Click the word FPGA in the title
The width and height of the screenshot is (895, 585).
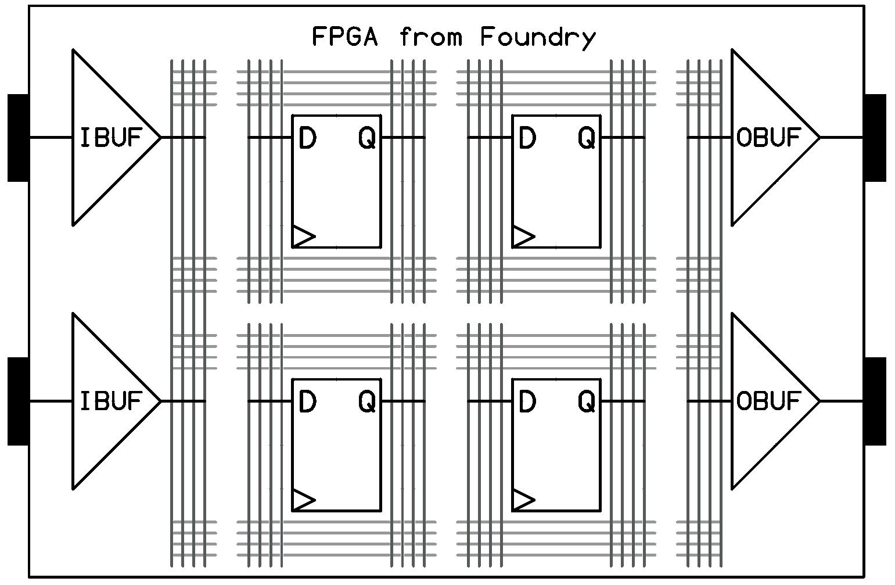[x=345, y=37]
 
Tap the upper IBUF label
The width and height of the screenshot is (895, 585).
[x=111, y=138]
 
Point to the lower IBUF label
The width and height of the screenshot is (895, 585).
[x=111, y=401]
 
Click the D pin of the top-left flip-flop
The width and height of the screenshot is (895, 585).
[x=307, y=139]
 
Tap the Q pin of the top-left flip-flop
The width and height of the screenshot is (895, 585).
[x=367, y=139]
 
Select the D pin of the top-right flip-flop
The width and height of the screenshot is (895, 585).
[x=527, y=139]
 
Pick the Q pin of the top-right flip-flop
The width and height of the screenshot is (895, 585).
[x=587, y=139]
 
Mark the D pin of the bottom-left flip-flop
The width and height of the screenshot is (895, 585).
[x=307, y=401]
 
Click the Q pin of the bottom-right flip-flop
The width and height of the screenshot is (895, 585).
[x=587, y=401]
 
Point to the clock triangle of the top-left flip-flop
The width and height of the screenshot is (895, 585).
[x=303, y=236]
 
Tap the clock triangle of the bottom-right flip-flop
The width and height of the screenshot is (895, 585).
[x=522, y=500]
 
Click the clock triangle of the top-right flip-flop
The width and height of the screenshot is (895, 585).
[x=522, y=236]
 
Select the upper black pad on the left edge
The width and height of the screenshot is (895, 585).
[x=18, y=138]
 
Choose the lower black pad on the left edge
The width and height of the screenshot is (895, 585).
[x=18, y=401]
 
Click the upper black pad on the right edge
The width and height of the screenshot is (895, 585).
[x=875, y=138]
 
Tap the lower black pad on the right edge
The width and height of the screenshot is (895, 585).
[x=875, y=401]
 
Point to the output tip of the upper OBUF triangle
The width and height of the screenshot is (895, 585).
[x=818, y=138]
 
